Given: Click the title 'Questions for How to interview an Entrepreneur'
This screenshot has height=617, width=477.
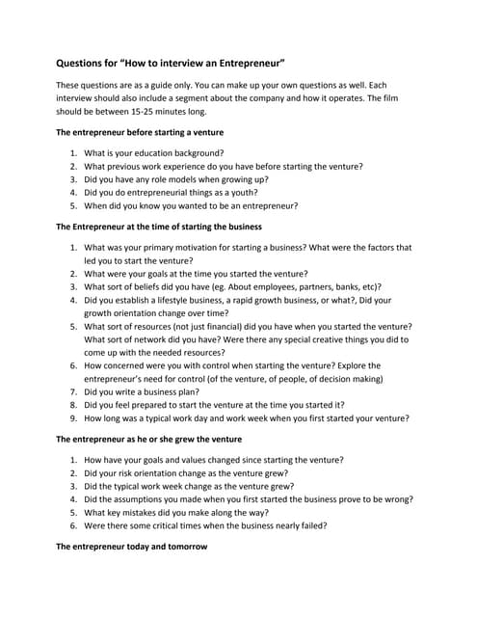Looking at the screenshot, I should (x=171, y=64).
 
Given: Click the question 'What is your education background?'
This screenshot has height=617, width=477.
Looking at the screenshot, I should (x=154, y=152).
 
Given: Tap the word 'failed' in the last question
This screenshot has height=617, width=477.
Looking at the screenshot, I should (x=311, y=526).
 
